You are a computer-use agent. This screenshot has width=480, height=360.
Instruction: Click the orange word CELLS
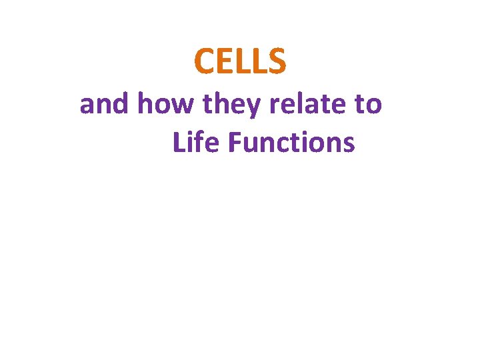tap(240, 61)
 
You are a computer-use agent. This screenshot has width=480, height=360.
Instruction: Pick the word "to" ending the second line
tap(367, 105)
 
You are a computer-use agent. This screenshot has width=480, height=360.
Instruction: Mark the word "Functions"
tap(291, 142)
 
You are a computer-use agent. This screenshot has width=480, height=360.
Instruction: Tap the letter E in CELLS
tap(223, 61)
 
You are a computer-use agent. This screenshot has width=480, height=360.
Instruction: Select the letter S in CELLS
tap(277, 61)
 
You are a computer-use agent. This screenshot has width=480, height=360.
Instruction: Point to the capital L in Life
tap(178, 142)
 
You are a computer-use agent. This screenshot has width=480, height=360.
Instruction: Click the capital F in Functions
tap(233, 142)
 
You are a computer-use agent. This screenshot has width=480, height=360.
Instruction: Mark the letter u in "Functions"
tap(248, 144)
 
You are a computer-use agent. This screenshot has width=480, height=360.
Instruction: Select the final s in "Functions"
tap(349, 144)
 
